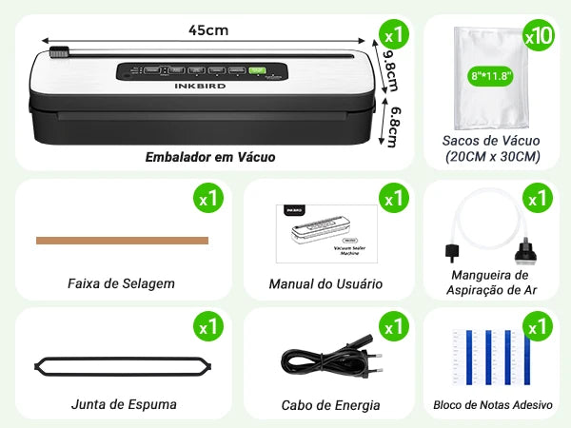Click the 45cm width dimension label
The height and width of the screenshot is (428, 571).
[207, 30]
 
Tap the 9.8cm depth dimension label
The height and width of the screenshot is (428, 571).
[389, 71]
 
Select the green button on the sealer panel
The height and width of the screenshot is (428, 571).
[256, 69]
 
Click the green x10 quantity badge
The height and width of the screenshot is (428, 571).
[539, 36]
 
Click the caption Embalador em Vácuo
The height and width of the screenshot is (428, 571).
[210, 156]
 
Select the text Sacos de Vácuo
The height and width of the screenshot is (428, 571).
[491, 140]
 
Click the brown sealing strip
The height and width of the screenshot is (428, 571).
[122, 241]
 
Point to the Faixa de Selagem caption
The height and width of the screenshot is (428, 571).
[121, 283]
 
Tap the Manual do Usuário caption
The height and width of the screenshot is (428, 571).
[325, 283]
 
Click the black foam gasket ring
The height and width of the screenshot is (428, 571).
[123, 365]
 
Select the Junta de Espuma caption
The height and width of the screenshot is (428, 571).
[124, 404]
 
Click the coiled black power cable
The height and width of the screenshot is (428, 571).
[325, 361]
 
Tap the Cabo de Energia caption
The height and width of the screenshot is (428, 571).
[330, 405]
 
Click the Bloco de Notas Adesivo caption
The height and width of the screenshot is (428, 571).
[492, 405]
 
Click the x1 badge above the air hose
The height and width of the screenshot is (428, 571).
[538, 199]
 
